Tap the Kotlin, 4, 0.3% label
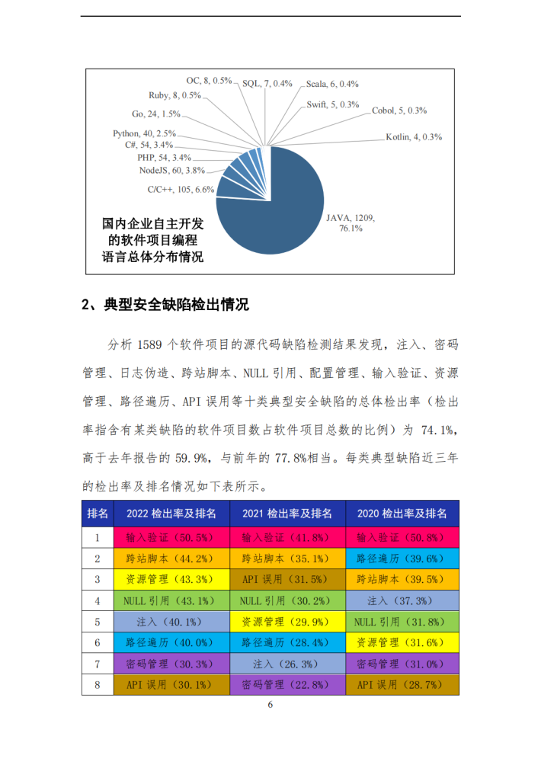[414, 137]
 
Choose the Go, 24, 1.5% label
[155, 114]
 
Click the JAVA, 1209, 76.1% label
[351, 222]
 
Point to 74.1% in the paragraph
[438, 431]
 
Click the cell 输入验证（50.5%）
[172, 536]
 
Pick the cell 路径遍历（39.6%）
[402, 558]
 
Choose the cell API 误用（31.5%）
[287, 579]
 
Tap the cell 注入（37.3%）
[402, 600]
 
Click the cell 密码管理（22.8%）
[287, 685]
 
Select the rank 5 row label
[97, 622]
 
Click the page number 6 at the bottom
[270, 705]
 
